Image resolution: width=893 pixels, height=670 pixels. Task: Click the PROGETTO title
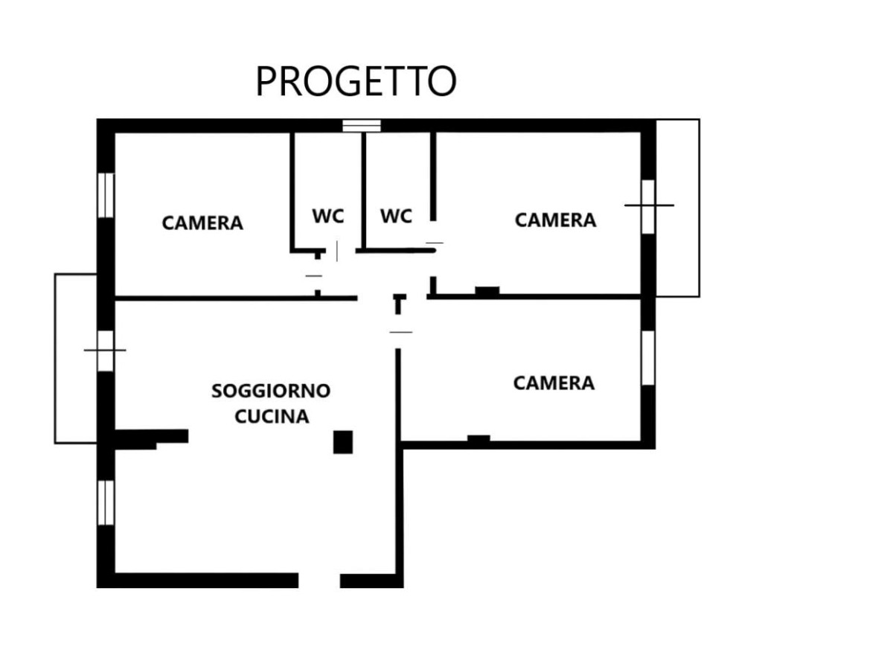tap(356, 81)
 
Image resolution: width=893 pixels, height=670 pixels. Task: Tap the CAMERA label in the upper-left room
tap(202, 223)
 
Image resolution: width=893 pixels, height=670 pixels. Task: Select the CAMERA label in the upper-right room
tap(555, 220)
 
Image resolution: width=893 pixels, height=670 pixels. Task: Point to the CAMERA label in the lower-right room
tap(554, 383)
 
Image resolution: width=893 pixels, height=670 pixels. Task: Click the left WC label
tap(328, 216)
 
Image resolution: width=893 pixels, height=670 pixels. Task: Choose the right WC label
tap(396, 216)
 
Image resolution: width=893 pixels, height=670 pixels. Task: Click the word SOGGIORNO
tap(271, 391)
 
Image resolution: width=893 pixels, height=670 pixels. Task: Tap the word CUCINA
tap(272, 417)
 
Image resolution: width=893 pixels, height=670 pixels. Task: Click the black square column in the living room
tap(343, 442)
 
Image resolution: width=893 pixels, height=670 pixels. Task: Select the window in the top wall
tap(361, 126)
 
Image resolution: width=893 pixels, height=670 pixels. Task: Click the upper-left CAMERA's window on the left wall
tap(106, 195)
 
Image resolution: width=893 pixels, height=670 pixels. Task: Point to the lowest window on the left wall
tap(106, 502)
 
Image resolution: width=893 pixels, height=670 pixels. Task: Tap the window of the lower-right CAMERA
tap(648, 358)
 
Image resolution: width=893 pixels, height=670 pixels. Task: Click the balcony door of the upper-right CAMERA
tap(648, 207)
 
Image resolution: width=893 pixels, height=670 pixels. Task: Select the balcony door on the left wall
tap(106, 351)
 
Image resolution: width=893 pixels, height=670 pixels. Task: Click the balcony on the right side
tap(678, 208)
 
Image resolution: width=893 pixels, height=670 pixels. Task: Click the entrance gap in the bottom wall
tap(319, 581)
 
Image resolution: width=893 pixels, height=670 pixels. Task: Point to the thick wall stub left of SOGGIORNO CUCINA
tap(151, 438)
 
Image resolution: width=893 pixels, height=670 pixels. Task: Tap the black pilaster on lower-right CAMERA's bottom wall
tap(478, 438)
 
